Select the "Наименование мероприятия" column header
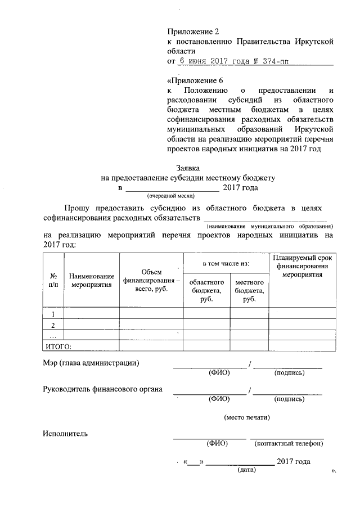[92, 281]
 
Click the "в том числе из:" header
[226, 263]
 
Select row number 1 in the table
[53, 314]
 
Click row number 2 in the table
[53, 325]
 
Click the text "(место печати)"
[247, 417]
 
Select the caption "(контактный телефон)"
[289, 443]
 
